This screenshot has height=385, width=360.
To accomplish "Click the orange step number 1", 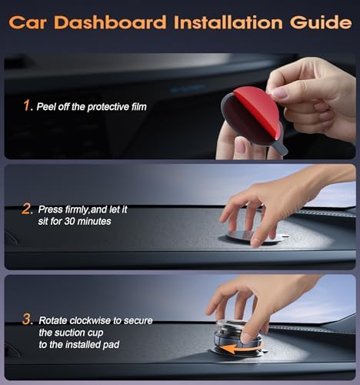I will click(28, 105).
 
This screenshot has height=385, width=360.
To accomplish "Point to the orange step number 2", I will click(28, 209).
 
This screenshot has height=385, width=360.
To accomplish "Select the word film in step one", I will click(135, 106).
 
